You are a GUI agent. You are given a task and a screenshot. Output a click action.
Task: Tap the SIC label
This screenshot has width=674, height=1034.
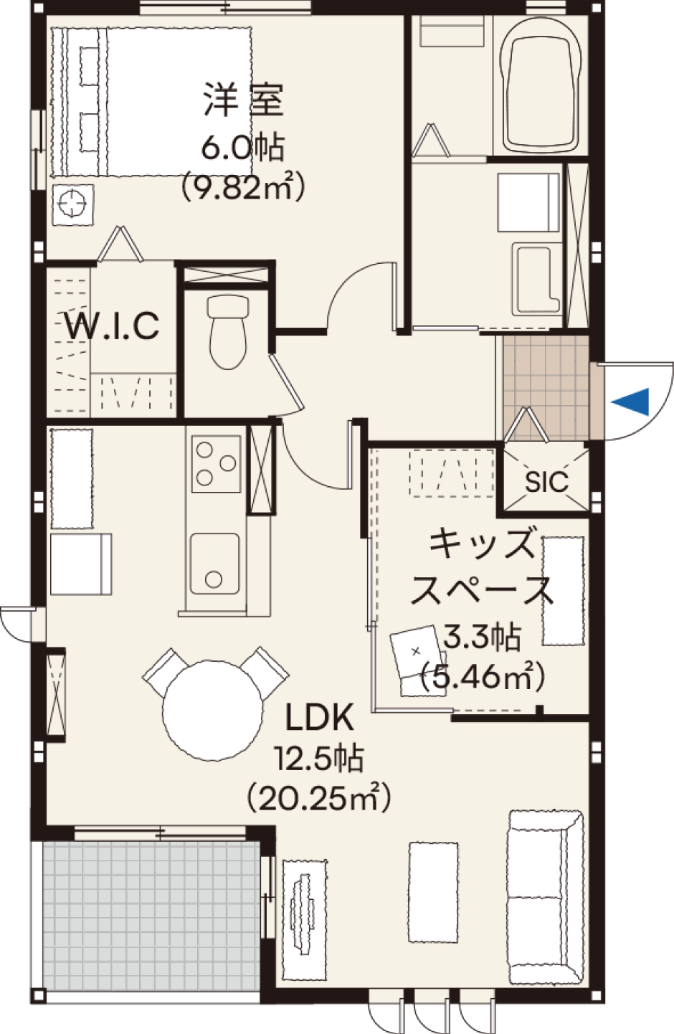click(546, 482)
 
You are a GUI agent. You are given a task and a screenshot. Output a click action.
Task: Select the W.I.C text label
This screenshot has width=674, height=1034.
click(112, 326)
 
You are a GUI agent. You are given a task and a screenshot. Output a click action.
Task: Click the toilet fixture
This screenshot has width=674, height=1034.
click(228, 331)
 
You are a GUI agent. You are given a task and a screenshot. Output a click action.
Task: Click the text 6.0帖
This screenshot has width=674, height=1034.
click(242, 147)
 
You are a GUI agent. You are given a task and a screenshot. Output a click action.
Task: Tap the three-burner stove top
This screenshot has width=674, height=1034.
click(216, 463)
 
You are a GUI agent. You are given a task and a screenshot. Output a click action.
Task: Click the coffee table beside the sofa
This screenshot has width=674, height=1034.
click(434, 892)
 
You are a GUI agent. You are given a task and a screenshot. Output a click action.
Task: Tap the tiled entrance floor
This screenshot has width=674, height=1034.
click(543, 388)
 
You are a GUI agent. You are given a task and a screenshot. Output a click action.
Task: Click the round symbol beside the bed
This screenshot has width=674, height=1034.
click(73, 205)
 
